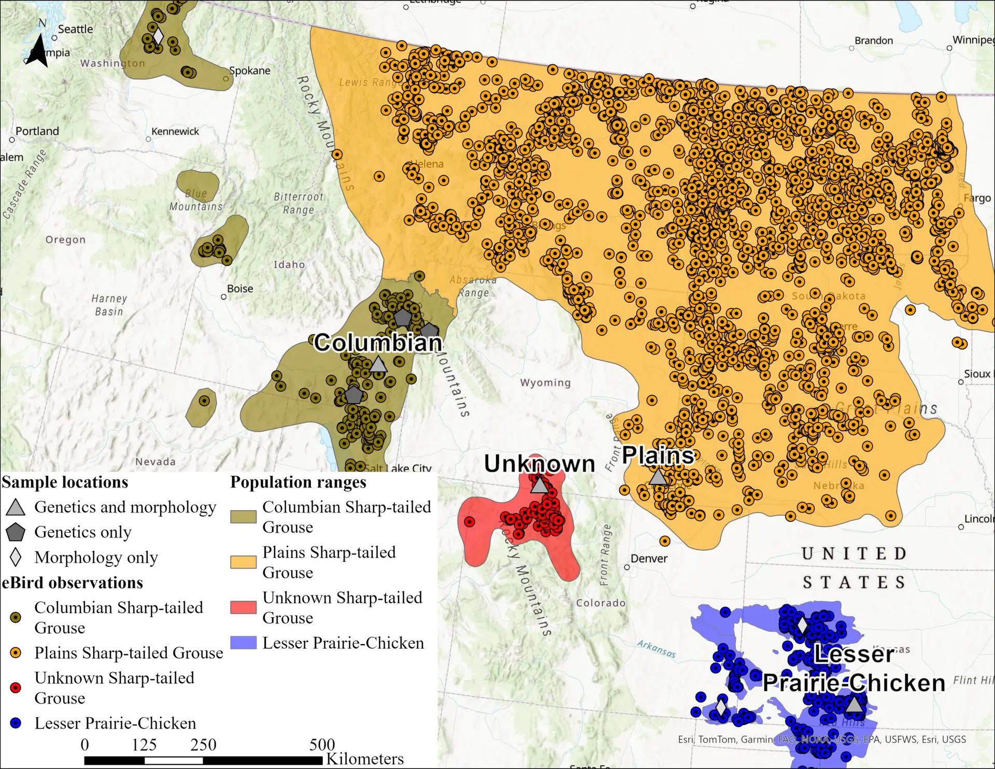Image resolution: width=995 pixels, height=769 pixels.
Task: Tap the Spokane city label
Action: click(249, 71)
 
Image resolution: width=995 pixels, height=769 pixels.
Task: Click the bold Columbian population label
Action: click(378, 343)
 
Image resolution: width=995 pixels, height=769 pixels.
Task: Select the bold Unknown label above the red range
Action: click(539, 464)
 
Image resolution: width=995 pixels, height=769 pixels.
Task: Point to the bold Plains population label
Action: click(658, 455)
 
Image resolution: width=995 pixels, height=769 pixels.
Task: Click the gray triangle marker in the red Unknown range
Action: click(539, 485)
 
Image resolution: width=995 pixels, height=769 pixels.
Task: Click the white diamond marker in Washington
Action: click(158, 36)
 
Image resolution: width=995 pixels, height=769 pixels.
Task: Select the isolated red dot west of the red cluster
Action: click(470, 522)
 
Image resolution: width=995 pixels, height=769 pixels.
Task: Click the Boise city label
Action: click(240, 289)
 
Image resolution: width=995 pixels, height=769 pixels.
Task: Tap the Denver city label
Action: click(649, 559)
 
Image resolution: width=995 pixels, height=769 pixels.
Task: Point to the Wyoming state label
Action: click(545, 383)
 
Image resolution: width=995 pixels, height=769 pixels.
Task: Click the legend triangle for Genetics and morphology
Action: click(16, 507)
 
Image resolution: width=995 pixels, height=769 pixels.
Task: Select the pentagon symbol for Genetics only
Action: click(16, 532)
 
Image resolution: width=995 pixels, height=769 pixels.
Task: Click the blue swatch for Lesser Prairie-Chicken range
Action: click(244, 643)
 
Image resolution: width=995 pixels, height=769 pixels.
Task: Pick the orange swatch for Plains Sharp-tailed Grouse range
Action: click(244, 562)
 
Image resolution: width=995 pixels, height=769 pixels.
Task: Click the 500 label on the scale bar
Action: click(322, 745)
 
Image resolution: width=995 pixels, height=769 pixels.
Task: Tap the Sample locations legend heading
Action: click(65, 482)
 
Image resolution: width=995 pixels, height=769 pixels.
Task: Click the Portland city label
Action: click(37, 131)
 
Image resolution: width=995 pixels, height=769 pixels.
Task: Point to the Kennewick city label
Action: click(175, 132)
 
